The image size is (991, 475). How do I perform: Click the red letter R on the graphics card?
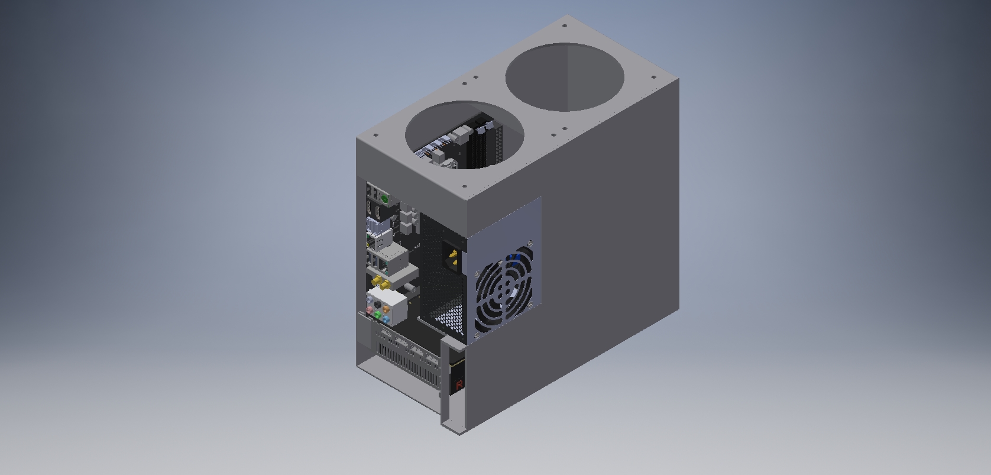(x=459, y=384)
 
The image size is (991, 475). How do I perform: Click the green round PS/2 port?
(x=385, y=199)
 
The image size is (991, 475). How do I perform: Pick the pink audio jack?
(x=370, y=309)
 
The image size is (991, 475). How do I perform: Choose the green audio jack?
(x=378, y=315)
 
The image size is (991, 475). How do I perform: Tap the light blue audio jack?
(x=386, y=319)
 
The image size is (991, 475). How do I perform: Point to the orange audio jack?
(x=386, y=308)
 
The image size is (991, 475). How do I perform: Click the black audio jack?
(x=378, y=305)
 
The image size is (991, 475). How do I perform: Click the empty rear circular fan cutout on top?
(x=565, y=77)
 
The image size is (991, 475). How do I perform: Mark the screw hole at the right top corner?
(x=653, y=76)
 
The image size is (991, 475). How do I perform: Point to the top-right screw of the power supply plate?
(x=530, y=244)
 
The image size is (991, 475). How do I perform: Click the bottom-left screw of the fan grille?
(x=477, y=335)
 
